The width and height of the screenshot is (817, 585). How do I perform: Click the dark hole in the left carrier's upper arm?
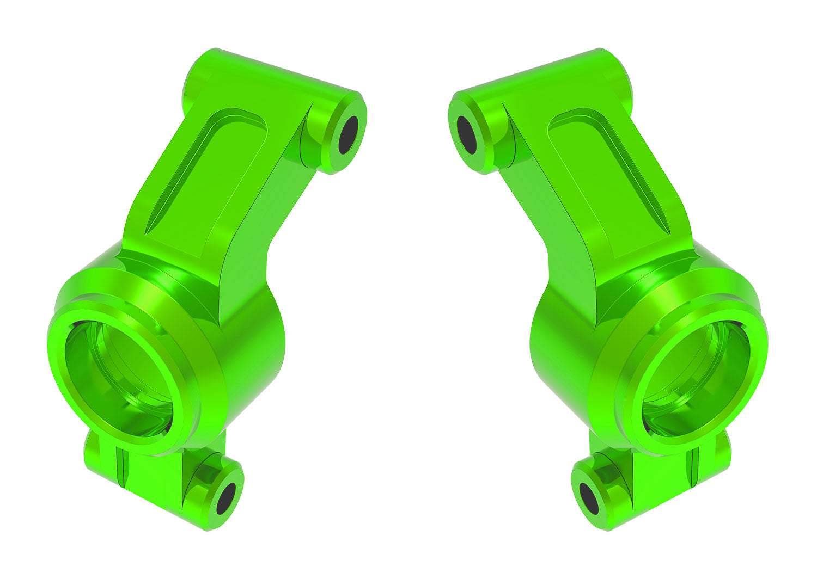pyautogui.click(x=348, y=134)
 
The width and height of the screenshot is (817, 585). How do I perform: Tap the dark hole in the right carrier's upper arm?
pyautogui.click(x=467, y=134)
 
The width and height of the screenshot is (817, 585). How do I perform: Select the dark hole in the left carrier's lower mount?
pyautogui.click(x=225, y=498)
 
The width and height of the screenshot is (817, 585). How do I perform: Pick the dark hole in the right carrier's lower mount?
pyautogui.click(x=589, y=498)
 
